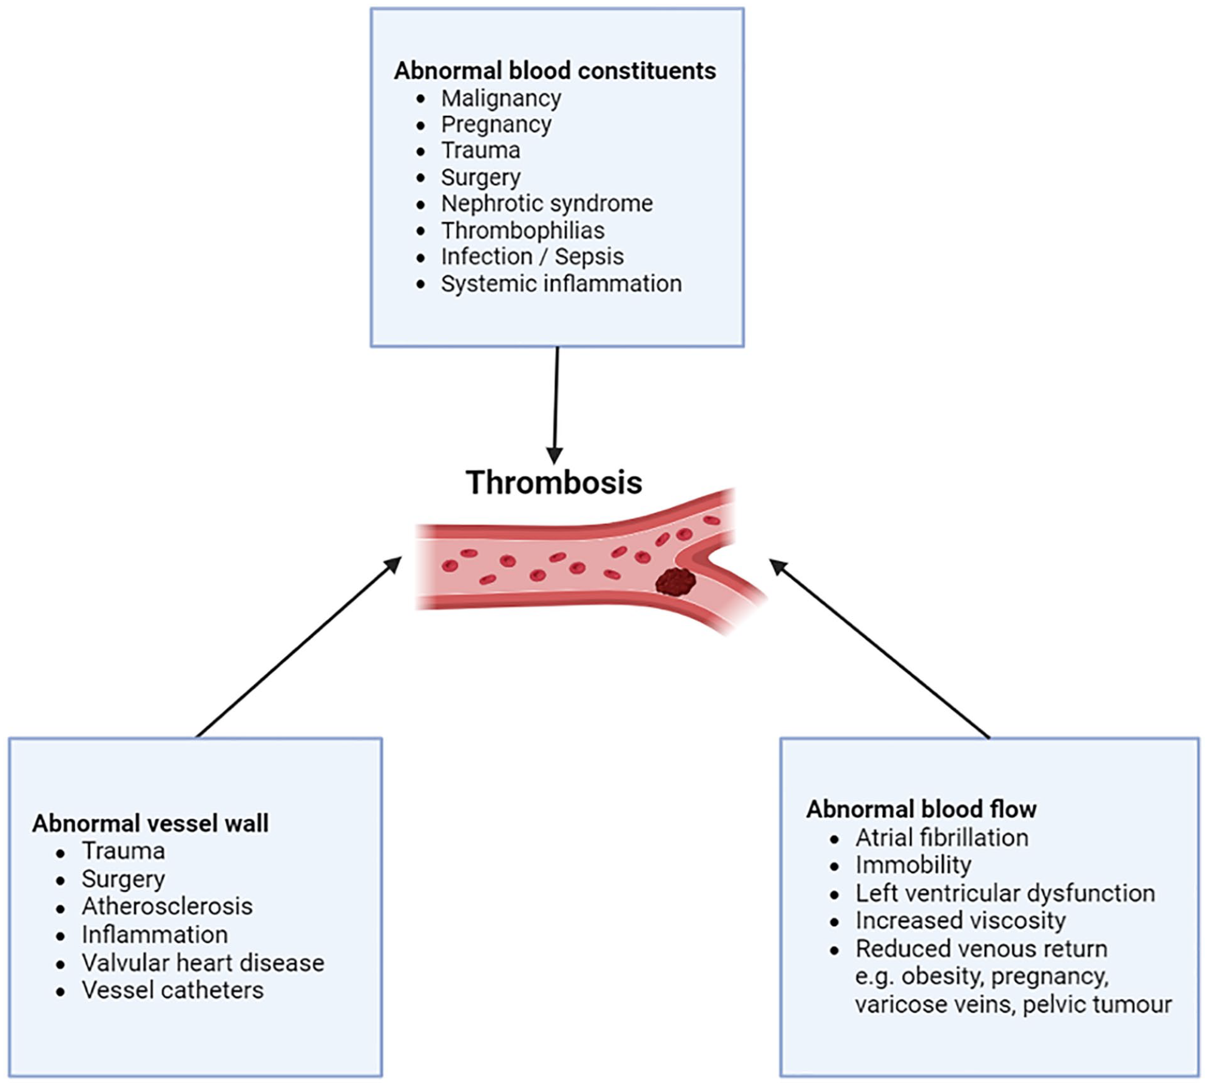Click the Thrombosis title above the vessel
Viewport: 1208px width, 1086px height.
coord(554,483)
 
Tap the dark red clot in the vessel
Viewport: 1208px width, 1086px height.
coord(676,582)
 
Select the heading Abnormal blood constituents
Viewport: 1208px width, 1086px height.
coord(555,71)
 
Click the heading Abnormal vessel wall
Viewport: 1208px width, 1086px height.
coord(150,824)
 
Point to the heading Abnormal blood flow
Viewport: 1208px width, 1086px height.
coord(922,809)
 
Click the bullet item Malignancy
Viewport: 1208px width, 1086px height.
coord(501,99)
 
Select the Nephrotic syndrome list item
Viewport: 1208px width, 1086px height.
coord(547,204)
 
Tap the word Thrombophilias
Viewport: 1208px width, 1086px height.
coord(523,231)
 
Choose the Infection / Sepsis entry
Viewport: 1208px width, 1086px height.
coord(533,257)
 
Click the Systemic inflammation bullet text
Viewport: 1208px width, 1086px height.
coord(561,284)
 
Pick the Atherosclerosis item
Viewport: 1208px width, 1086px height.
coord(167,906)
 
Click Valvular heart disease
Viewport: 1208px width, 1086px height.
coord(203,963)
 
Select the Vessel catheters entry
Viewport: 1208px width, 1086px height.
coord(173,991)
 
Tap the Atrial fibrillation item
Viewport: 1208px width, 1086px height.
coord(942,838)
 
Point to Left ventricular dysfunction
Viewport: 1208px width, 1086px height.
coord(1005,894)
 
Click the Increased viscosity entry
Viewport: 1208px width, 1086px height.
coord(960,921)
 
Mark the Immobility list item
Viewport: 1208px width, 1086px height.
coord(913,866)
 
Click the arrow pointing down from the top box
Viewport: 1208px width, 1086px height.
coord(556,405)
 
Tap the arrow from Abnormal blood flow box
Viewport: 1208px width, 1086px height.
coord(880,649)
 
